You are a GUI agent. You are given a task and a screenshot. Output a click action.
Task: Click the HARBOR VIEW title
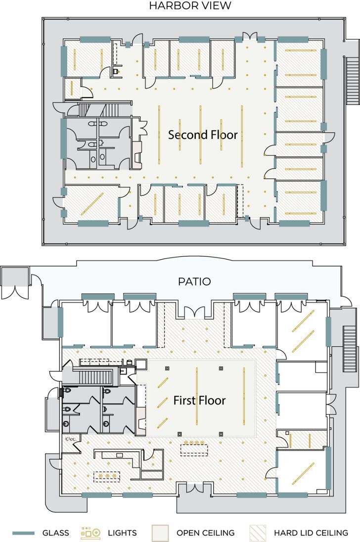[190, 6]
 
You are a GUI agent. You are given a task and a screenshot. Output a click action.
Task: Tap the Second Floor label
[203, 135]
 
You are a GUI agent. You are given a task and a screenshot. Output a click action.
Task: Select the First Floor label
[199, 401]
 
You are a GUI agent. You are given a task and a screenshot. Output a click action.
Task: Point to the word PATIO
[194, 282]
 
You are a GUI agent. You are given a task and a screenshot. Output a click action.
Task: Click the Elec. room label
[69, 438]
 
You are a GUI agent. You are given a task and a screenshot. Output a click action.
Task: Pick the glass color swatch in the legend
[23, 533]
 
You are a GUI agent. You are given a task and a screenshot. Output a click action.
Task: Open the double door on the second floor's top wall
[249, 37]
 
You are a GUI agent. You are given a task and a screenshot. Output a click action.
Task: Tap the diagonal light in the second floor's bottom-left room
[92, 203]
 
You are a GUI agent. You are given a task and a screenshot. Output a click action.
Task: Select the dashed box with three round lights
[107, 476]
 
